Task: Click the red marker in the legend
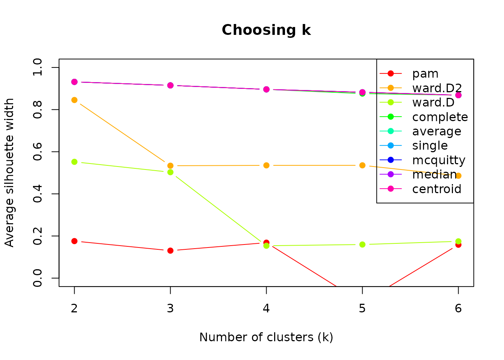tap(390, 73)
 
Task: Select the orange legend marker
tap(390, 88)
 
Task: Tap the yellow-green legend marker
tap(390, 102)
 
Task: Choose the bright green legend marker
tap(390, 117)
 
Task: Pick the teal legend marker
tap(390, 131)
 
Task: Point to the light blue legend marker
tap(390, 145)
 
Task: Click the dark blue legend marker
tap(390, 160)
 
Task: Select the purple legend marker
tap(390, 174)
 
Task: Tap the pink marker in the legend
tap(390, 189)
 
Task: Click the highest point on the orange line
tap(74, 100)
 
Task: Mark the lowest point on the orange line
tap(458, 175)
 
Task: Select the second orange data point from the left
tap(170, 165)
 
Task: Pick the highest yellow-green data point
tap(74, 162)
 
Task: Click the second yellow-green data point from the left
tap(170, 172)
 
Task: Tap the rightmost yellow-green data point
tap(458, 241)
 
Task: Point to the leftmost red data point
tap(74, 241)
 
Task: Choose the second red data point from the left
tap(170, 250)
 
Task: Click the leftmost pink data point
tap(74, 82)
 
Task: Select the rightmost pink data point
tap(458, 95)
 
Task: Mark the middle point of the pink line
tap(266, 89)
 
